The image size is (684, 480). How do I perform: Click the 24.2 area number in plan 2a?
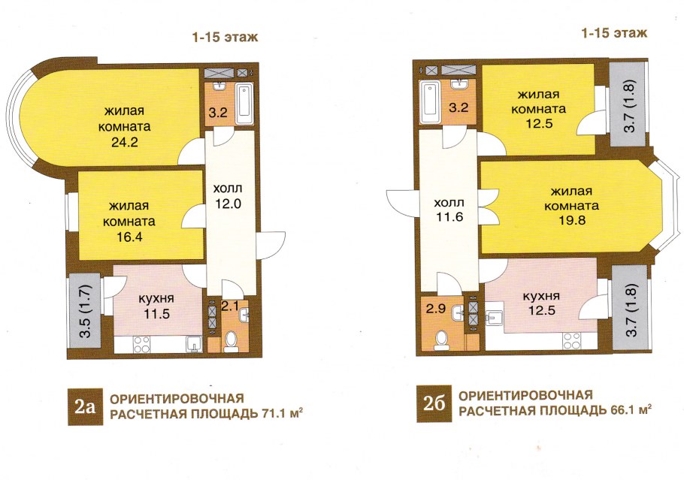[125, 143]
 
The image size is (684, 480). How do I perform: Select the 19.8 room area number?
[572, 221]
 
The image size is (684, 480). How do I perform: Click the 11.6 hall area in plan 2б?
[449, 216]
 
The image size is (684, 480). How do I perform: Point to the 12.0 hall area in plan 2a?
[229, 204]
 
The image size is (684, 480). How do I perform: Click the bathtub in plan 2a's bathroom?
[244, 104]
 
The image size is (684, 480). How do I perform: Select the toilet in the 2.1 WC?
[230, 342]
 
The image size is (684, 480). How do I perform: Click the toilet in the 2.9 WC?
[441, 340]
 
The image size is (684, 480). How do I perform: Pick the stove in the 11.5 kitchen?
[142, 344]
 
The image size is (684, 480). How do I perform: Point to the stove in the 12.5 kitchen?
[571, 341]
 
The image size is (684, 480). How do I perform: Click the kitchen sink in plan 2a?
[192, 344]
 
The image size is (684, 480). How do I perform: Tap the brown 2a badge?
[85, 406]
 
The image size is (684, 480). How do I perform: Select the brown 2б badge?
[434, 403]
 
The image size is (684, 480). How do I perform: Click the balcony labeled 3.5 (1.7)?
[85, 310]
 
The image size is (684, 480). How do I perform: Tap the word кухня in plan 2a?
[156, 299]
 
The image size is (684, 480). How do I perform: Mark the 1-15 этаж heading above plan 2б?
[614, 33]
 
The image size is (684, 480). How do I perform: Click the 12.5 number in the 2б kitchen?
[541, 311]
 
